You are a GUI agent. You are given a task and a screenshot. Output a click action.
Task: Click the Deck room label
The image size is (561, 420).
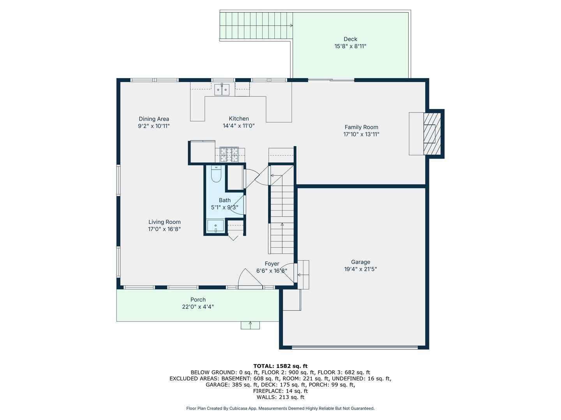coord(350,39)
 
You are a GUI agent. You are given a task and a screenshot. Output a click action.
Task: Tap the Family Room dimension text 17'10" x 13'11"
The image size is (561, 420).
coord(361,134)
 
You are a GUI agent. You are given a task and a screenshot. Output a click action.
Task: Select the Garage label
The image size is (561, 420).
coord(360,262)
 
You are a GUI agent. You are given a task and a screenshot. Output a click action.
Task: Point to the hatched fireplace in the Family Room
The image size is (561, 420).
coord(432,134)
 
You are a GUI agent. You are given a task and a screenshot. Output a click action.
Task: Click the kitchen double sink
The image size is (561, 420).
coord(222,89)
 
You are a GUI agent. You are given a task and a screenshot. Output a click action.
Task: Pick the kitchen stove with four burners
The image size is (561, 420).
coord(229,155)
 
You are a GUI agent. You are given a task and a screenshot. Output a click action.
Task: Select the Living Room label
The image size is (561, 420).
coord(164,222)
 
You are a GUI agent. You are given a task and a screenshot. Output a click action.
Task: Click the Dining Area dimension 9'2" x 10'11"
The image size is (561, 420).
coord(154,126)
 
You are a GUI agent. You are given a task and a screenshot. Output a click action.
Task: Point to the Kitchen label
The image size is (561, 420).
coord(239,119)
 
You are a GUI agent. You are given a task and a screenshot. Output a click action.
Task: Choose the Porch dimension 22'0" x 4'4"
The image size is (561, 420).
coord(198,307)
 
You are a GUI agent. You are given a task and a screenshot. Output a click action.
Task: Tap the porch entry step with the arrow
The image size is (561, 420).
coord(250,325)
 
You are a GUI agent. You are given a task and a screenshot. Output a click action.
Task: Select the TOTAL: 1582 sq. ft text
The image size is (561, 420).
coord(280,366)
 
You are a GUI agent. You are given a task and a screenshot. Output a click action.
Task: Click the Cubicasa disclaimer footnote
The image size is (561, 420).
coord(280,408)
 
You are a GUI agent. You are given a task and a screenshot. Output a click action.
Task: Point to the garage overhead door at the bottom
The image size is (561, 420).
coord(355,346)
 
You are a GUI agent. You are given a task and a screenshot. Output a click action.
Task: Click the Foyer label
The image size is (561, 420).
coord(272,264)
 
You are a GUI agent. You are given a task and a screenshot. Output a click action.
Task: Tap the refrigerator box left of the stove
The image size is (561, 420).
coord(202,152)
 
